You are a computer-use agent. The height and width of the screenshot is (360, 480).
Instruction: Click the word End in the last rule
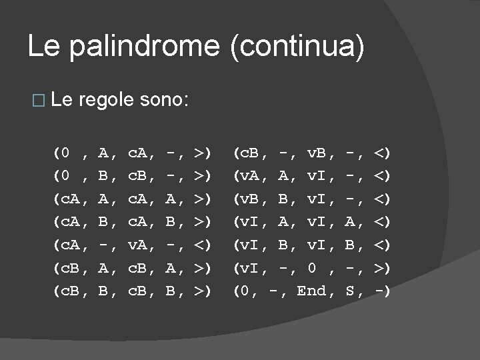(x=311, y=291)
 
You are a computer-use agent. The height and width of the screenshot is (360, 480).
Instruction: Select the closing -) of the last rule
(x=381, y=291)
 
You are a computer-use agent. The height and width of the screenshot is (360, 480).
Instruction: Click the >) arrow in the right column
(x=381, y=268)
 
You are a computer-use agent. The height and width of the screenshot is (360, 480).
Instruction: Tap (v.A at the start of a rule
(x=245, y=176)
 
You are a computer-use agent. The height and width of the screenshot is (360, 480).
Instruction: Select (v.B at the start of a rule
(x=245, y=199)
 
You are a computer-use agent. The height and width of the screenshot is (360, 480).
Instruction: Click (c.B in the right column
(x=245, y=153)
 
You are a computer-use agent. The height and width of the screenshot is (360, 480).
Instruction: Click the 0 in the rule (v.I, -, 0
(x=311, y=268)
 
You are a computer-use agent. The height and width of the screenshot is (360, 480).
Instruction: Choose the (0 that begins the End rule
(x=241, y=291)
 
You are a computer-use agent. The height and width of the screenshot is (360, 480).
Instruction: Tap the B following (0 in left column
(x=103, y=176)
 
